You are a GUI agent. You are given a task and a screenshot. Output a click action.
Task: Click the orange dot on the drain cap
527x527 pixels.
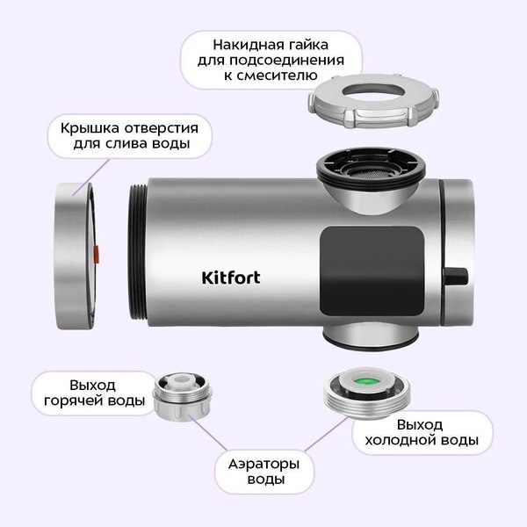(x=96, y=254)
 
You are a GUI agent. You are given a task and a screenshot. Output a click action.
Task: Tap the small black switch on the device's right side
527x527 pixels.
(x=456, y=278)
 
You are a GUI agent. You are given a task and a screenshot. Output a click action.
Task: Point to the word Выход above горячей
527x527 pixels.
(x=91, y=385)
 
